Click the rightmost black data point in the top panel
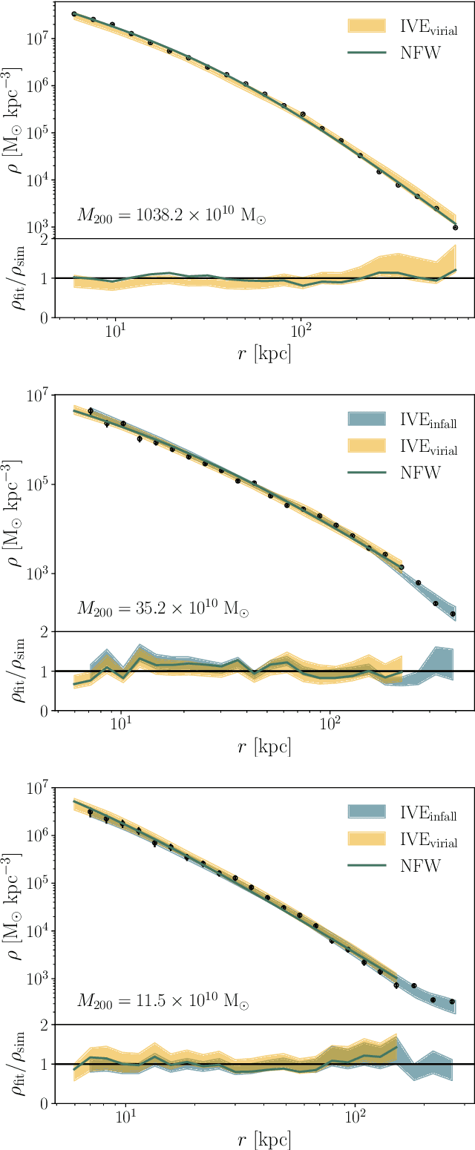click(455, 228)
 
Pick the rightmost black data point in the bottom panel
click(452, 1002)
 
